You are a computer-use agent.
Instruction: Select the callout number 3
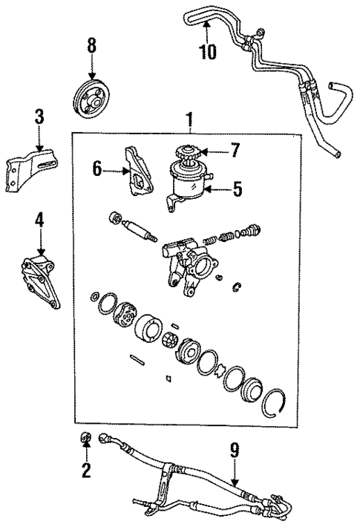pyautogui.click(x=39, y=117)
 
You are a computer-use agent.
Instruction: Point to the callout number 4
pyautogui.click(x=39, y=220)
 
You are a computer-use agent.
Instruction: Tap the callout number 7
pyautogui.click(x=235, y=151)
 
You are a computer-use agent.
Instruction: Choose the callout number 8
pyautogui.click(x=91, y=45)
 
